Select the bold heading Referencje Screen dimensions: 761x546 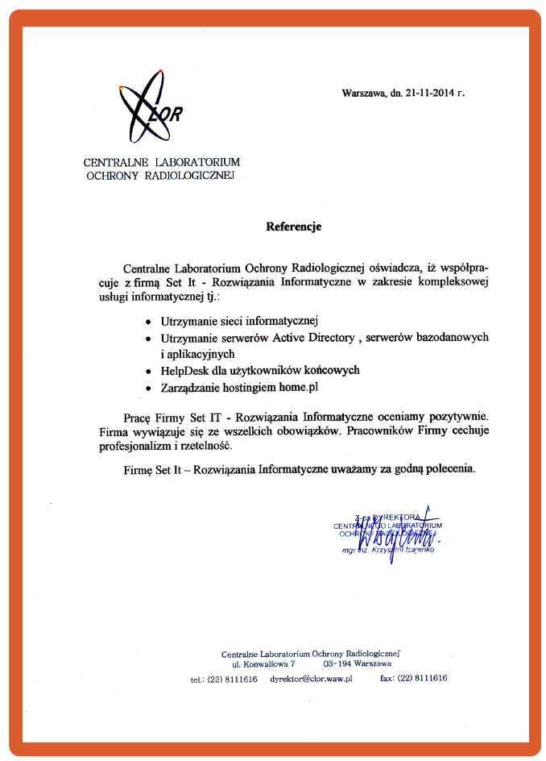tap(293, 227)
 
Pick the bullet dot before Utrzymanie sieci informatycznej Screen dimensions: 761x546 tap(147, 322)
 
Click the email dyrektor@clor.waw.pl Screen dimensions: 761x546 tap(311, 679)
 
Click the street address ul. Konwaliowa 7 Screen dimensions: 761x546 tap(264, 663)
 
